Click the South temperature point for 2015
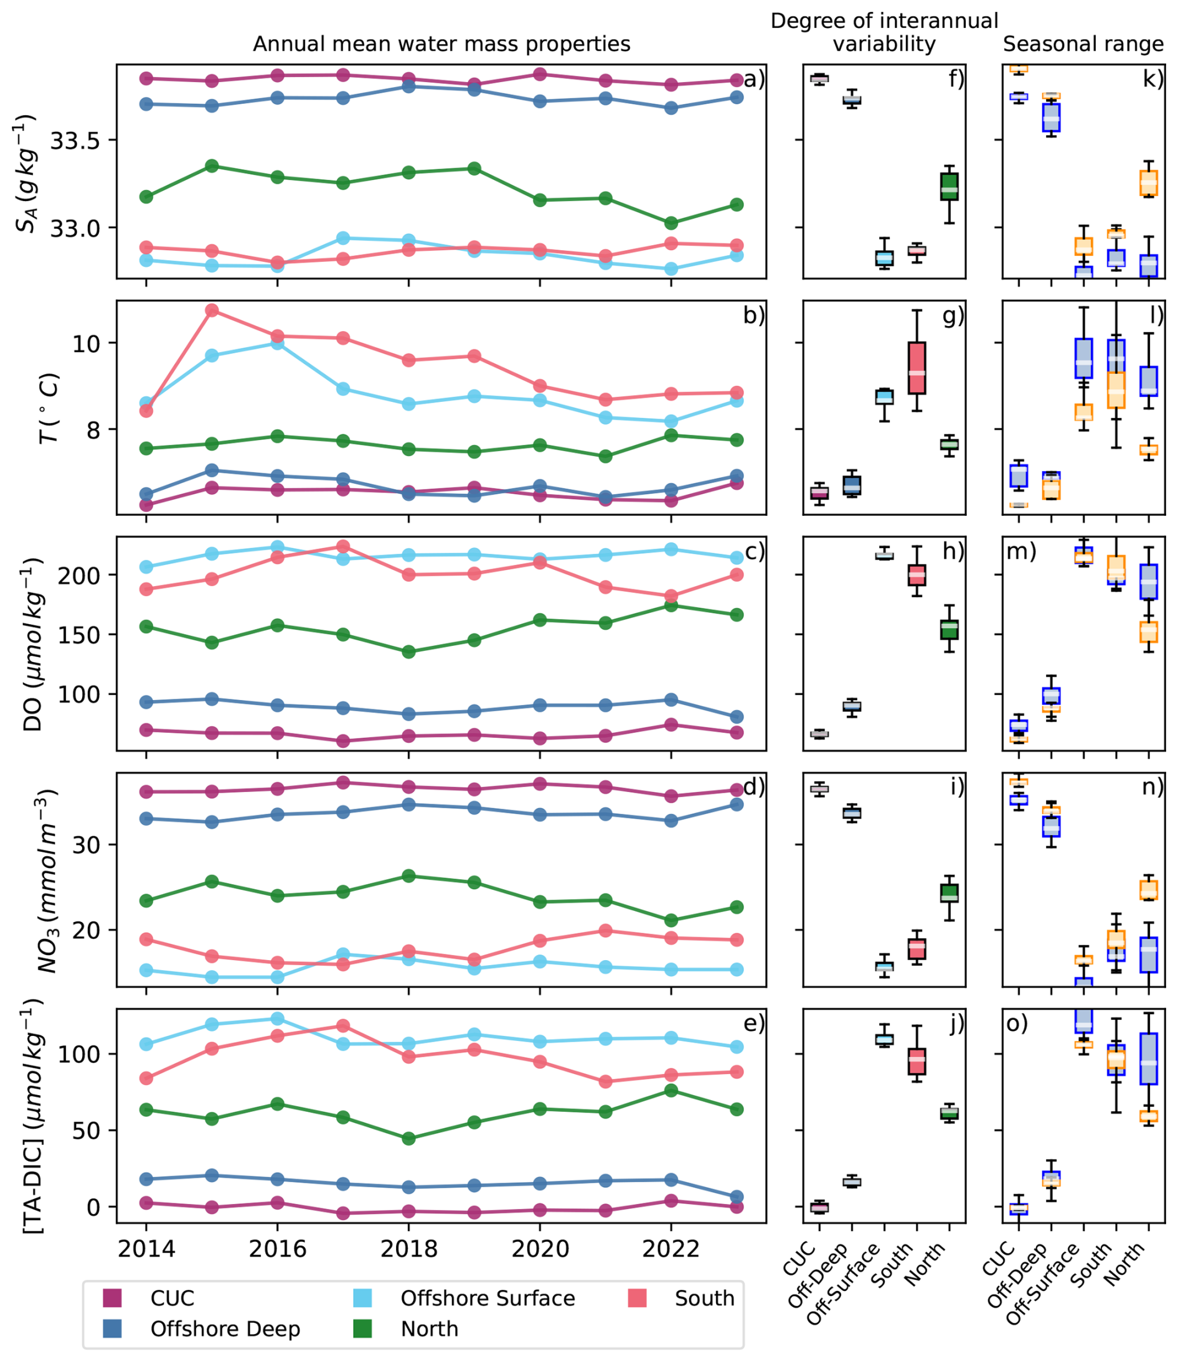[x=212, y=310]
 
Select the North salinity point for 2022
[x=671, y=223]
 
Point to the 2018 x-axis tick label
[x=408, y=1248]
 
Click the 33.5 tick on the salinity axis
[x=74, y=141]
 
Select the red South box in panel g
[x=916, y=368]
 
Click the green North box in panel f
[x=948, y=187]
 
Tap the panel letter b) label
[x=754, y=316]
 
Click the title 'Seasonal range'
[x=1083, y=44]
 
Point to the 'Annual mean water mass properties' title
[x=441, y=44]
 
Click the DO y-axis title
[x=34, y=644]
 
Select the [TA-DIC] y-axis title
[x=34, y=1115]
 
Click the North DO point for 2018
[x=408, y=652]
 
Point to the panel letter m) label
[x=1021, y=552]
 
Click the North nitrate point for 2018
[x=408, y=875]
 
